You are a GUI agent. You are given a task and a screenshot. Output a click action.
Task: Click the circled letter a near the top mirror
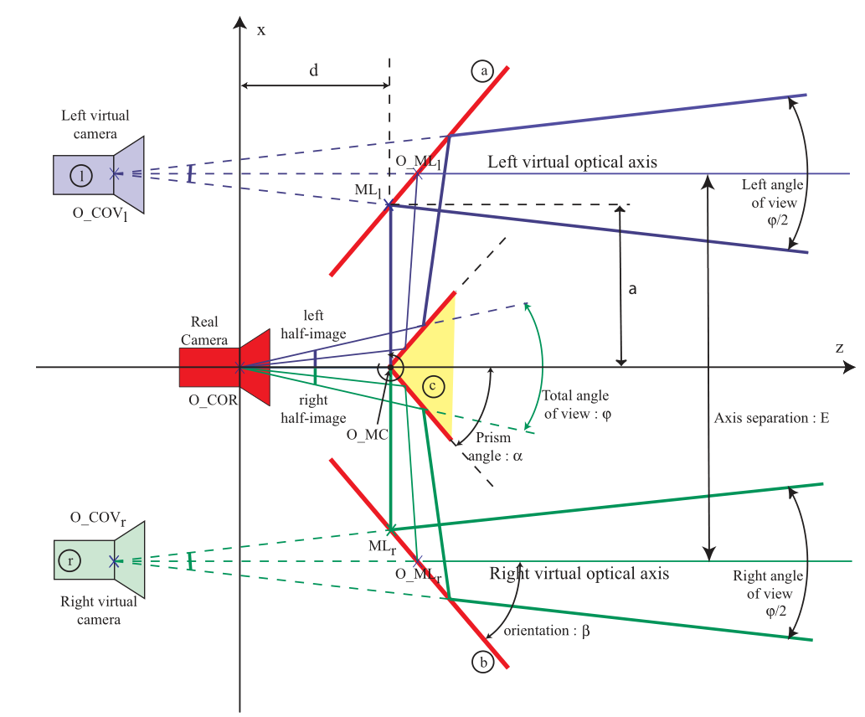(x=482, y=70)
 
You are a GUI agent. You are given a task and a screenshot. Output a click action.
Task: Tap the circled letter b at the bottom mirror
(x=483, y=662)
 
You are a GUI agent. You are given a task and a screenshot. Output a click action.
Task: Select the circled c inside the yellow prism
(x=433, y=386)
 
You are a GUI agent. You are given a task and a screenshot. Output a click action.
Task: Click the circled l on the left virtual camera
(x=81, y=176)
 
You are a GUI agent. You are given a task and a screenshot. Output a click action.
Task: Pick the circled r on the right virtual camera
(x=70, y=560)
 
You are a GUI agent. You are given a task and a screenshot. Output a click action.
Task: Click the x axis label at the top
(x=261, y=30)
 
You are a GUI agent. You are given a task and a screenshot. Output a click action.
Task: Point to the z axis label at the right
(x=840, y=348)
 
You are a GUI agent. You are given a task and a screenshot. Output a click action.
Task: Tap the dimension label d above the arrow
(x=314, y=70)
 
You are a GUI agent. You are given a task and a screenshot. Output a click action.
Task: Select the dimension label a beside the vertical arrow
(x=633, y=289)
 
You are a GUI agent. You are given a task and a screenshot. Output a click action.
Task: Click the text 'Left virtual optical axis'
(x=572, y=162)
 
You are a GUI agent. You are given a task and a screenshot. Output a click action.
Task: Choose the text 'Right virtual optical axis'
(x=579, y=574)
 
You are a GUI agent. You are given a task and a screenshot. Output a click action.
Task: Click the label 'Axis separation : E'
(x=771, y=418)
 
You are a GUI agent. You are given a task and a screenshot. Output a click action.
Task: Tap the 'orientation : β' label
(x=547, y=631)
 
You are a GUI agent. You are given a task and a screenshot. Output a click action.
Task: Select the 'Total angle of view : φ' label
(x=576, y=405)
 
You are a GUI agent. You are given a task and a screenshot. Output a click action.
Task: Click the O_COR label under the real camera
(x=213, y=400)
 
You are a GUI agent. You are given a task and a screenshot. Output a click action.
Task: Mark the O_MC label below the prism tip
(x=368, y=435)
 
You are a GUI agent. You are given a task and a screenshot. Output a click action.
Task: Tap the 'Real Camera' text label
(x=204, y=331)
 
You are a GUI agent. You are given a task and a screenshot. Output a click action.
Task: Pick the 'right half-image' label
(x=313, y=409)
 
